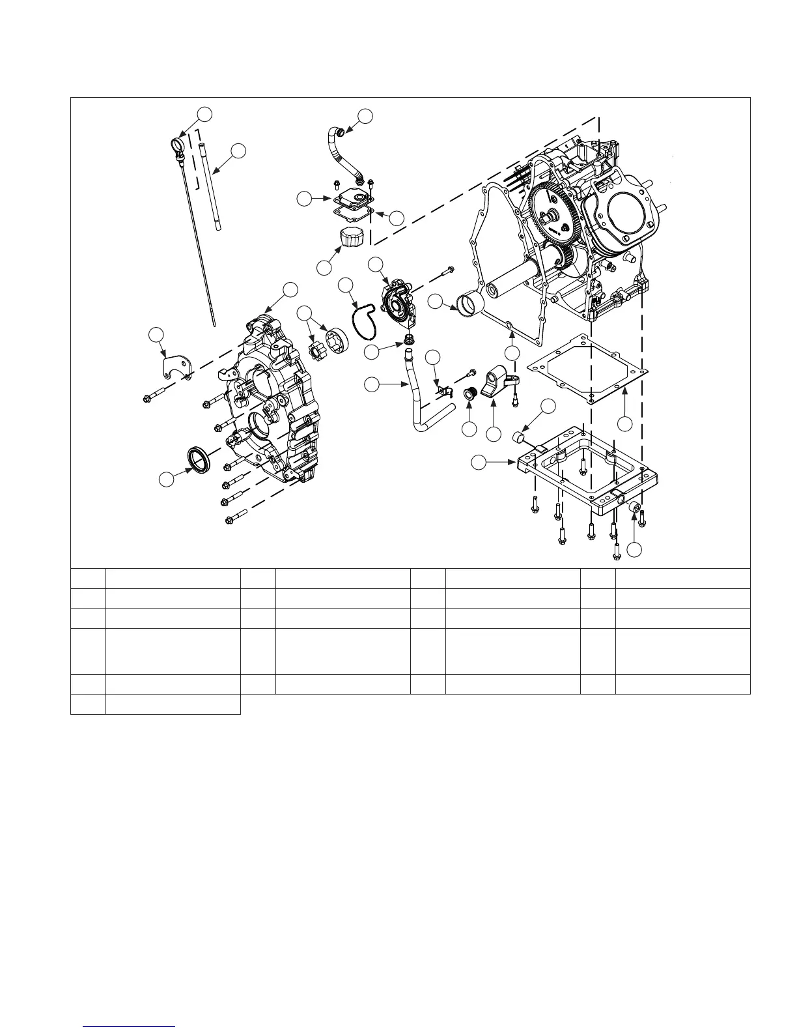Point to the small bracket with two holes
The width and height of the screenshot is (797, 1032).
click(x=175, y=365)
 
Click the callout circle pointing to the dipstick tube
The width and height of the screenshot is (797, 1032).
click(x=239, y=150)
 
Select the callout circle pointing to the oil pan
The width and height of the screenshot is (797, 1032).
click(x=479, y=463)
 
